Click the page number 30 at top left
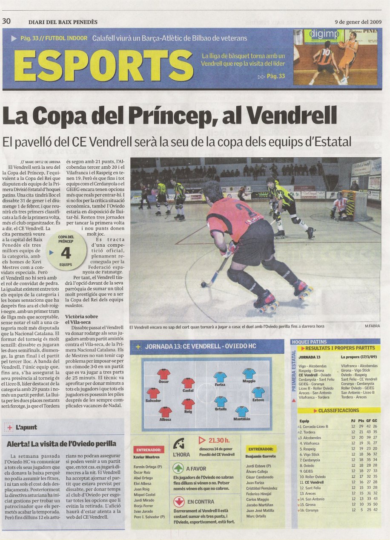point(6,21)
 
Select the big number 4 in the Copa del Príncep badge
point(66,253)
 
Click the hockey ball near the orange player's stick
point(204,284)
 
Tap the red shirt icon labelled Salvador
point(153,393)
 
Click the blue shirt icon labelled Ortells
point(221,401)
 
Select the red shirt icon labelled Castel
point(188,383)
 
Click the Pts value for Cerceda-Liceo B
point(361,426)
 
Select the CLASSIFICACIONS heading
point(338,410)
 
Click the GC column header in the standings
point(375,421)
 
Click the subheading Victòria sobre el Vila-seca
point(81,319)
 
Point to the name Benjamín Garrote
point(261,456)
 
